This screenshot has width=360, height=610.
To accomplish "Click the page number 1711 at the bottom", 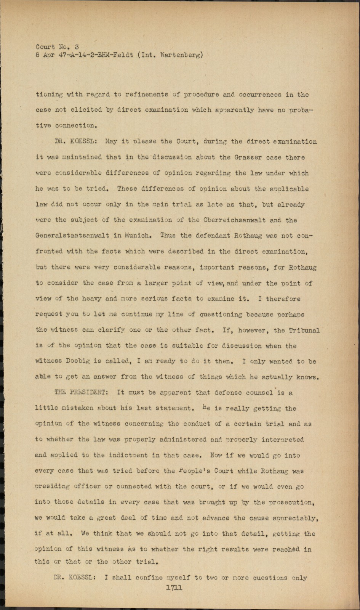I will [x=174, y=588].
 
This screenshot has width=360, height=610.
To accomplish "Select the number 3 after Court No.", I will [x=77, y=47].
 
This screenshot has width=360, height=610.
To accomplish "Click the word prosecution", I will [x=291, y=502].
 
